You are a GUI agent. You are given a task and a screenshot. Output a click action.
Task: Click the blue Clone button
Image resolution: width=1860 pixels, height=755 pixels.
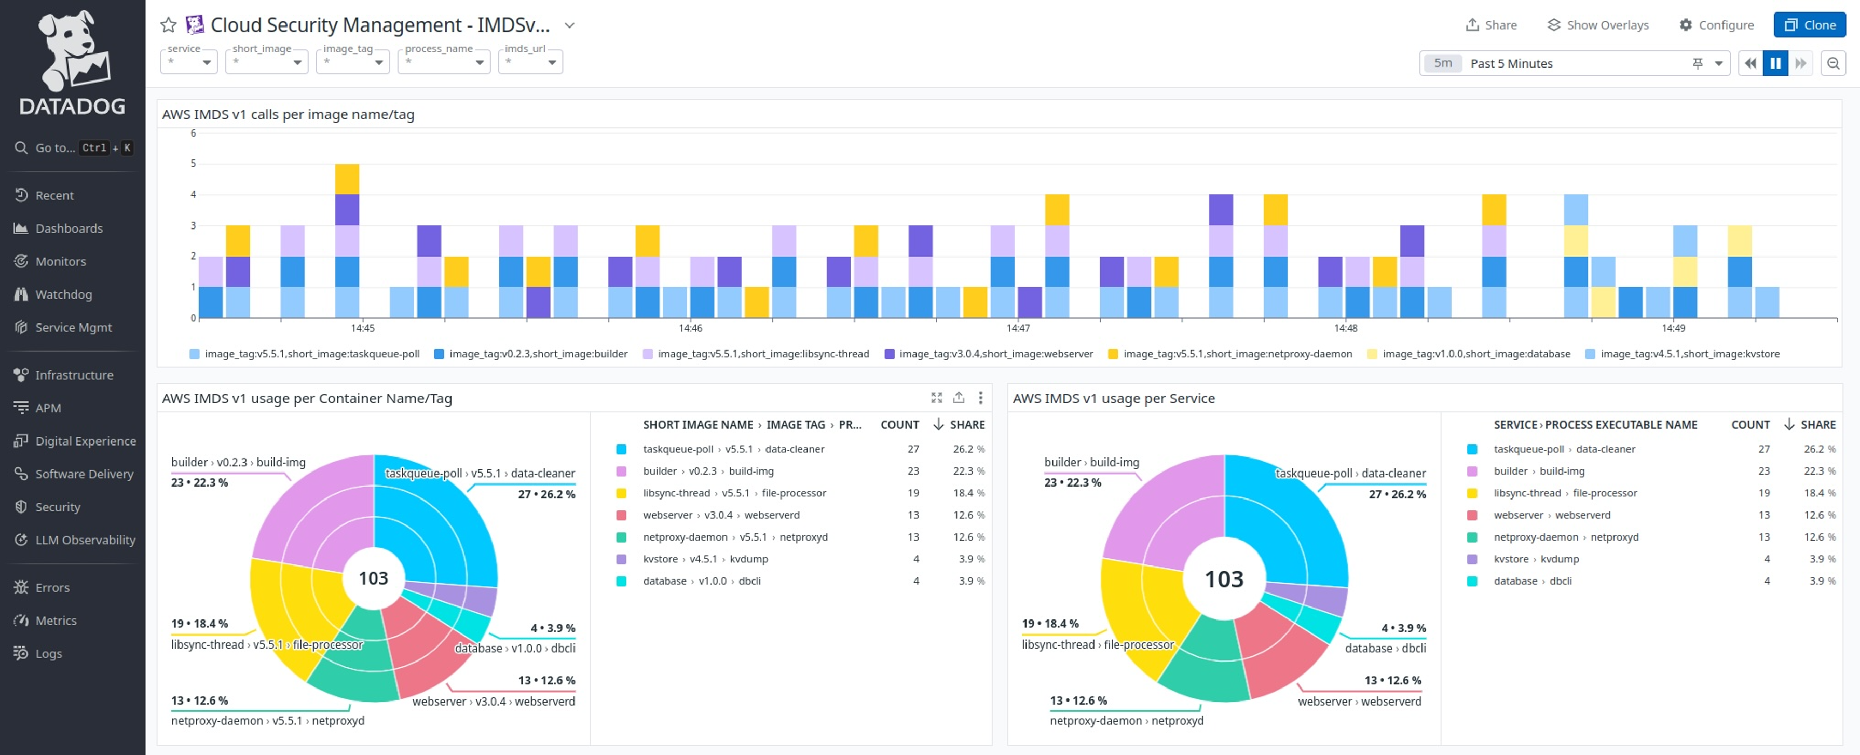1810,24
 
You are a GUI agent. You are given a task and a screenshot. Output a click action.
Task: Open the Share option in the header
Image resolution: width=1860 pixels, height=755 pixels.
1491,24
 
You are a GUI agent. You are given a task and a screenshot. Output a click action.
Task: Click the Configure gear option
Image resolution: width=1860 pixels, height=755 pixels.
1716,24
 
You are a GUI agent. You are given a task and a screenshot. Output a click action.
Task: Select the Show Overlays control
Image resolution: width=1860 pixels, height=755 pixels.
1598,24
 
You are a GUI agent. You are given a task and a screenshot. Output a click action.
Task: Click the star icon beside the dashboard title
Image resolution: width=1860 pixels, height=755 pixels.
168,25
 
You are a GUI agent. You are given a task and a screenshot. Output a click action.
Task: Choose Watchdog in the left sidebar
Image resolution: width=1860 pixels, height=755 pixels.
63,294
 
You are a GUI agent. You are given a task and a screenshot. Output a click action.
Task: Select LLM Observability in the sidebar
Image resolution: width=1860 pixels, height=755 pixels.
85,540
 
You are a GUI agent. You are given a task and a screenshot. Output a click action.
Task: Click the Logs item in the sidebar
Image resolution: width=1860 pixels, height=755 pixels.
48,653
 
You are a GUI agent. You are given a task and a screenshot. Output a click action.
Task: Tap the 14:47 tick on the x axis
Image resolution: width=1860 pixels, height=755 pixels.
1018,328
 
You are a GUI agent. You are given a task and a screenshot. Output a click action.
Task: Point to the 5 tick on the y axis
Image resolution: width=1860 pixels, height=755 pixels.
193,163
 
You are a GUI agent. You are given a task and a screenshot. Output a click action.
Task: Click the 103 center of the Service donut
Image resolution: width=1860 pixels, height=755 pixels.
1224,579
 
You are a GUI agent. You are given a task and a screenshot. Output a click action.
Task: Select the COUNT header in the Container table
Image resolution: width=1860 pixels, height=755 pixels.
899,425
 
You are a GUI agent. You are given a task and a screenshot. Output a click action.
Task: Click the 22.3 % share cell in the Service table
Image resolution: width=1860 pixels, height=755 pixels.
1818,471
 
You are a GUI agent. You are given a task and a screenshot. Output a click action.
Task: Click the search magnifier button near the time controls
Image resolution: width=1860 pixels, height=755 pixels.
1832,63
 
